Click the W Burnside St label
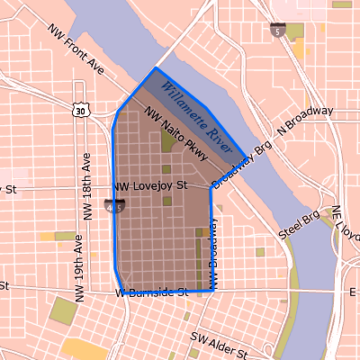(x=150, y=292)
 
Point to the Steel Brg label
(x=301, y=225)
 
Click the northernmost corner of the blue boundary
(x=156, y=67)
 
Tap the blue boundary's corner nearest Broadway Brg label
(x=245, y=157)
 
